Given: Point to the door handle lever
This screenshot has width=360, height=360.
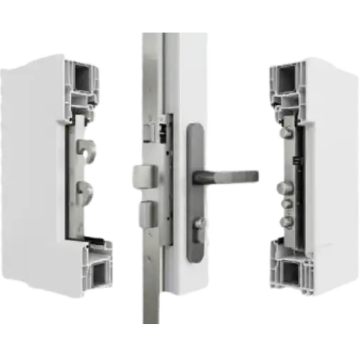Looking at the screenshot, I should [x=230, y=175].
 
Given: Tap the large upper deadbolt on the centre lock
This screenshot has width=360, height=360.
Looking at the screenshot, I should [x=142, y=175].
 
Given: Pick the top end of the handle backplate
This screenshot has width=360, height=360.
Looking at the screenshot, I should [x=195, y=130].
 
